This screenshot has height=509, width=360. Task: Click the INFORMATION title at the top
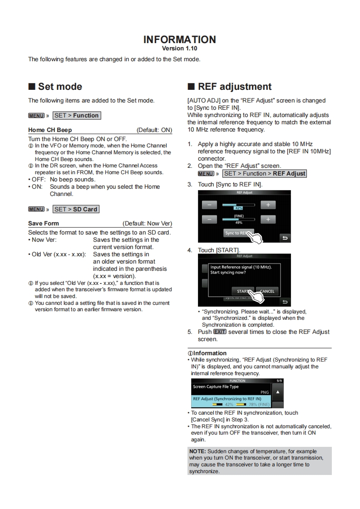point(179,39)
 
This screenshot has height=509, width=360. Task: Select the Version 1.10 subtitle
point(179,49)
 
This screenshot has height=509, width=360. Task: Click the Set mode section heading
point(60,87)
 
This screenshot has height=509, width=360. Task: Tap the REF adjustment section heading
point(234,87)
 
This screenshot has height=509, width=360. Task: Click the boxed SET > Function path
point(76,116)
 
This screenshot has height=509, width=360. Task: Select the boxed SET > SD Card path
point(76,210)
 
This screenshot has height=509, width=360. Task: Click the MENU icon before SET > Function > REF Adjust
point(206,174)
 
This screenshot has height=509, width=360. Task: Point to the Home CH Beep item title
point(50,130)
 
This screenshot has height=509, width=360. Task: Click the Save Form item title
point(44,224)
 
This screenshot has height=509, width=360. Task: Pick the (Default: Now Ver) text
point(147,224)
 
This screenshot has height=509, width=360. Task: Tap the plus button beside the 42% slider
point(268,205)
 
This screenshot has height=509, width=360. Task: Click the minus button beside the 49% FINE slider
point(209,220)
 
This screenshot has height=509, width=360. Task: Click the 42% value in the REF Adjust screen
point(239,208)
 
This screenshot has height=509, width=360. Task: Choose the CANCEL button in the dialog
point(267,291)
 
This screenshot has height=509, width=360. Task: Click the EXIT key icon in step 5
point(220,332)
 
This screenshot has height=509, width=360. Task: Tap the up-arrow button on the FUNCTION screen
point(278,392)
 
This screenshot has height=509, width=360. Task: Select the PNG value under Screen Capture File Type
point(264,392)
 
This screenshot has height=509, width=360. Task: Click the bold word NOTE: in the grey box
point(197,452)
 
